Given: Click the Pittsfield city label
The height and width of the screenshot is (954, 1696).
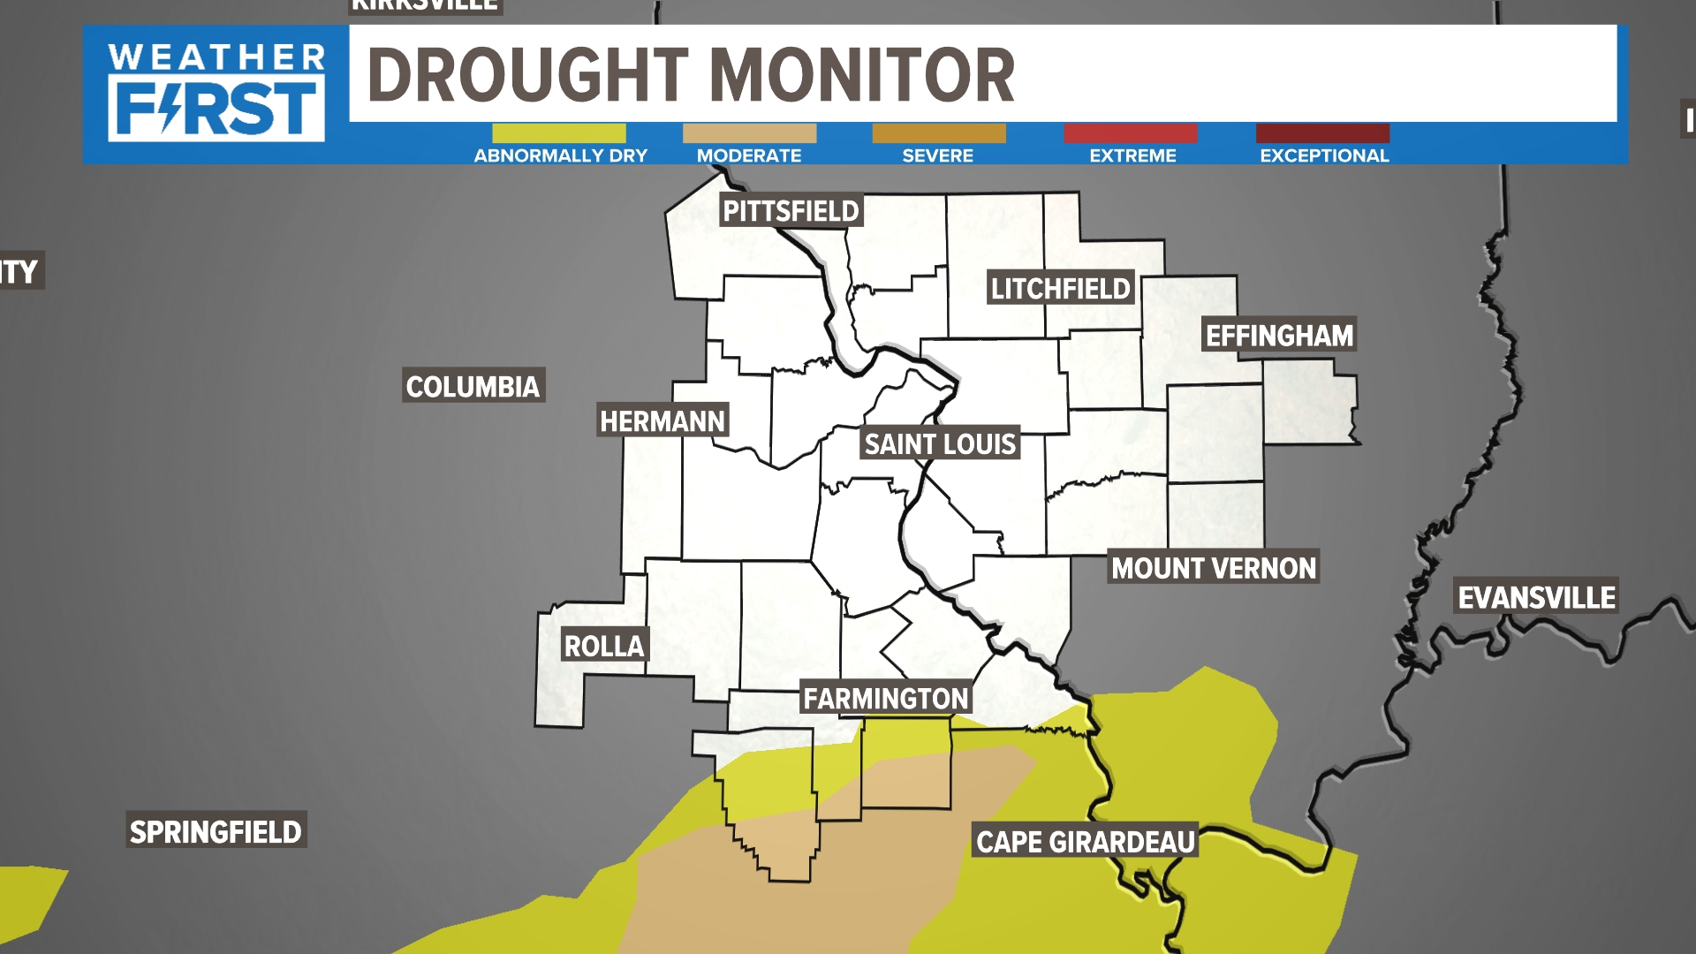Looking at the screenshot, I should coord(791,211).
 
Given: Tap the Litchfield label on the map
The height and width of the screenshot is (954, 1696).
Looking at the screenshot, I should coord(1060,288).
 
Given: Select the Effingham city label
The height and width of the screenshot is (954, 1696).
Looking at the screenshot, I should coord(1279,336).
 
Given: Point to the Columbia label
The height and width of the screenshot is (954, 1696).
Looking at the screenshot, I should coord(473,386).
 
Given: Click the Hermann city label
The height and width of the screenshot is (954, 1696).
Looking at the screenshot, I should coord(662,421).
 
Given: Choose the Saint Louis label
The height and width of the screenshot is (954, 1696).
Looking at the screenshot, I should coord(940,443).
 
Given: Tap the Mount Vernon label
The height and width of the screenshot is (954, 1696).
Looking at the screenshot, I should coord(1214,568).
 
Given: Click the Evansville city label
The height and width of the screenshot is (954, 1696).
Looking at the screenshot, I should coord(1536,598).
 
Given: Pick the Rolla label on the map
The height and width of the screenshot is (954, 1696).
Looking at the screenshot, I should coord(604,646).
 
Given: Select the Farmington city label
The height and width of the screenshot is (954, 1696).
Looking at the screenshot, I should coord(885,699).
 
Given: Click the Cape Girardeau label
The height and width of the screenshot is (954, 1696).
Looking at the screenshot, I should coord(1085,842).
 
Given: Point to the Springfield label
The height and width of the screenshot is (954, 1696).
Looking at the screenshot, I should coord(216,831).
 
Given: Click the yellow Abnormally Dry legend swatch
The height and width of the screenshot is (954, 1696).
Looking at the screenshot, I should coord(558,133).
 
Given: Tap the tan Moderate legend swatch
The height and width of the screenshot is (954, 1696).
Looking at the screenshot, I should coord(749,133).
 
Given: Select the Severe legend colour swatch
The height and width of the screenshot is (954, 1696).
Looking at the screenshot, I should coord(938,133).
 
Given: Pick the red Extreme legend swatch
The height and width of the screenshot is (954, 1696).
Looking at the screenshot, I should coord(1131,133).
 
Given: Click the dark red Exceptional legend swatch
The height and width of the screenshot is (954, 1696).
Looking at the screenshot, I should coord(1322,133).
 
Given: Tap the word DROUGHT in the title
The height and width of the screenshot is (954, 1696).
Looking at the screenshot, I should coord(527,76).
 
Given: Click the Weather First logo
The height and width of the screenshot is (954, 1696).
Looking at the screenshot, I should coord(216,93).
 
